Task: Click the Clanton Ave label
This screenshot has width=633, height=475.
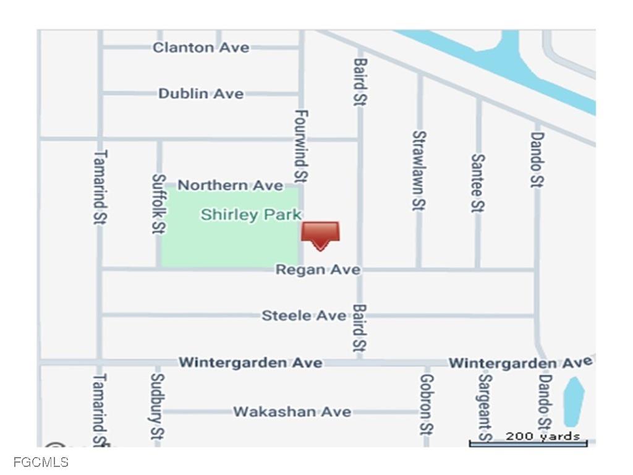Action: (x=201, y=48)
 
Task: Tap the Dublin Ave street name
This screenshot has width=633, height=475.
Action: (x=201, y=94)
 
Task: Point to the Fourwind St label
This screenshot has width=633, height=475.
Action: (x=301, y=146)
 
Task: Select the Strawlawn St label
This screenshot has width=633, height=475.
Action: (x=419, y=170)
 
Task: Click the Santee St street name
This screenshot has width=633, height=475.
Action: (x=477, y=183)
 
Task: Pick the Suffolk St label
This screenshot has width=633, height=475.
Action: (x=158, y=203)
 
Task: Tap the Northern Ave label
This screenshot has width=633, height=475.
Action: (x=231, y=185)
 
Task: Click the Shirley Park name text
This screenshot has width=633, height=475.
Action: (x=251, y=215)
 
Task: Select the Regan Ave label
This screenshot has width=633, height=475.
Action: (x=318, y=270)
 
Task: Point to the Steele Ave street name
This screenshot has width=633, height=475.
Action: (x=304, y=315)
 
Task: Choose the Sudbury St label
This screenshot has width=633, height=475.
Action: (x=158, y=406)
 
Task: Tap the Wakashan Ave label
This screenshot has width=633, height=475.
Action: (x=292, y=411)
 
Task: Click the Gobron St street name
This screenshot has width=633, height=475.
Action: (x=426, y=404)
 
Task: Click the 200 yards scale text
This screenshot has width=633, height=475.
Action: (x=543, y=436)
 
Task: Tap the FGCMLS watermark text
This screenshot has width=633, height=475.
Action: (x=41, y=462)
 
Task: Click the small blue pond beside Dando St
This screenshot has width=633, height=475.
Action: (x=574, y=401)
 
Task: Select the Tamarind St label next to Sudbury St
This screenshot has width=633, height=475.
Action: (x=99, y=409)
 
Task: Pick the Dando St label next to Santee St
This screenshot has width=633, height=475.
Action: (x=537, y=159)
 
